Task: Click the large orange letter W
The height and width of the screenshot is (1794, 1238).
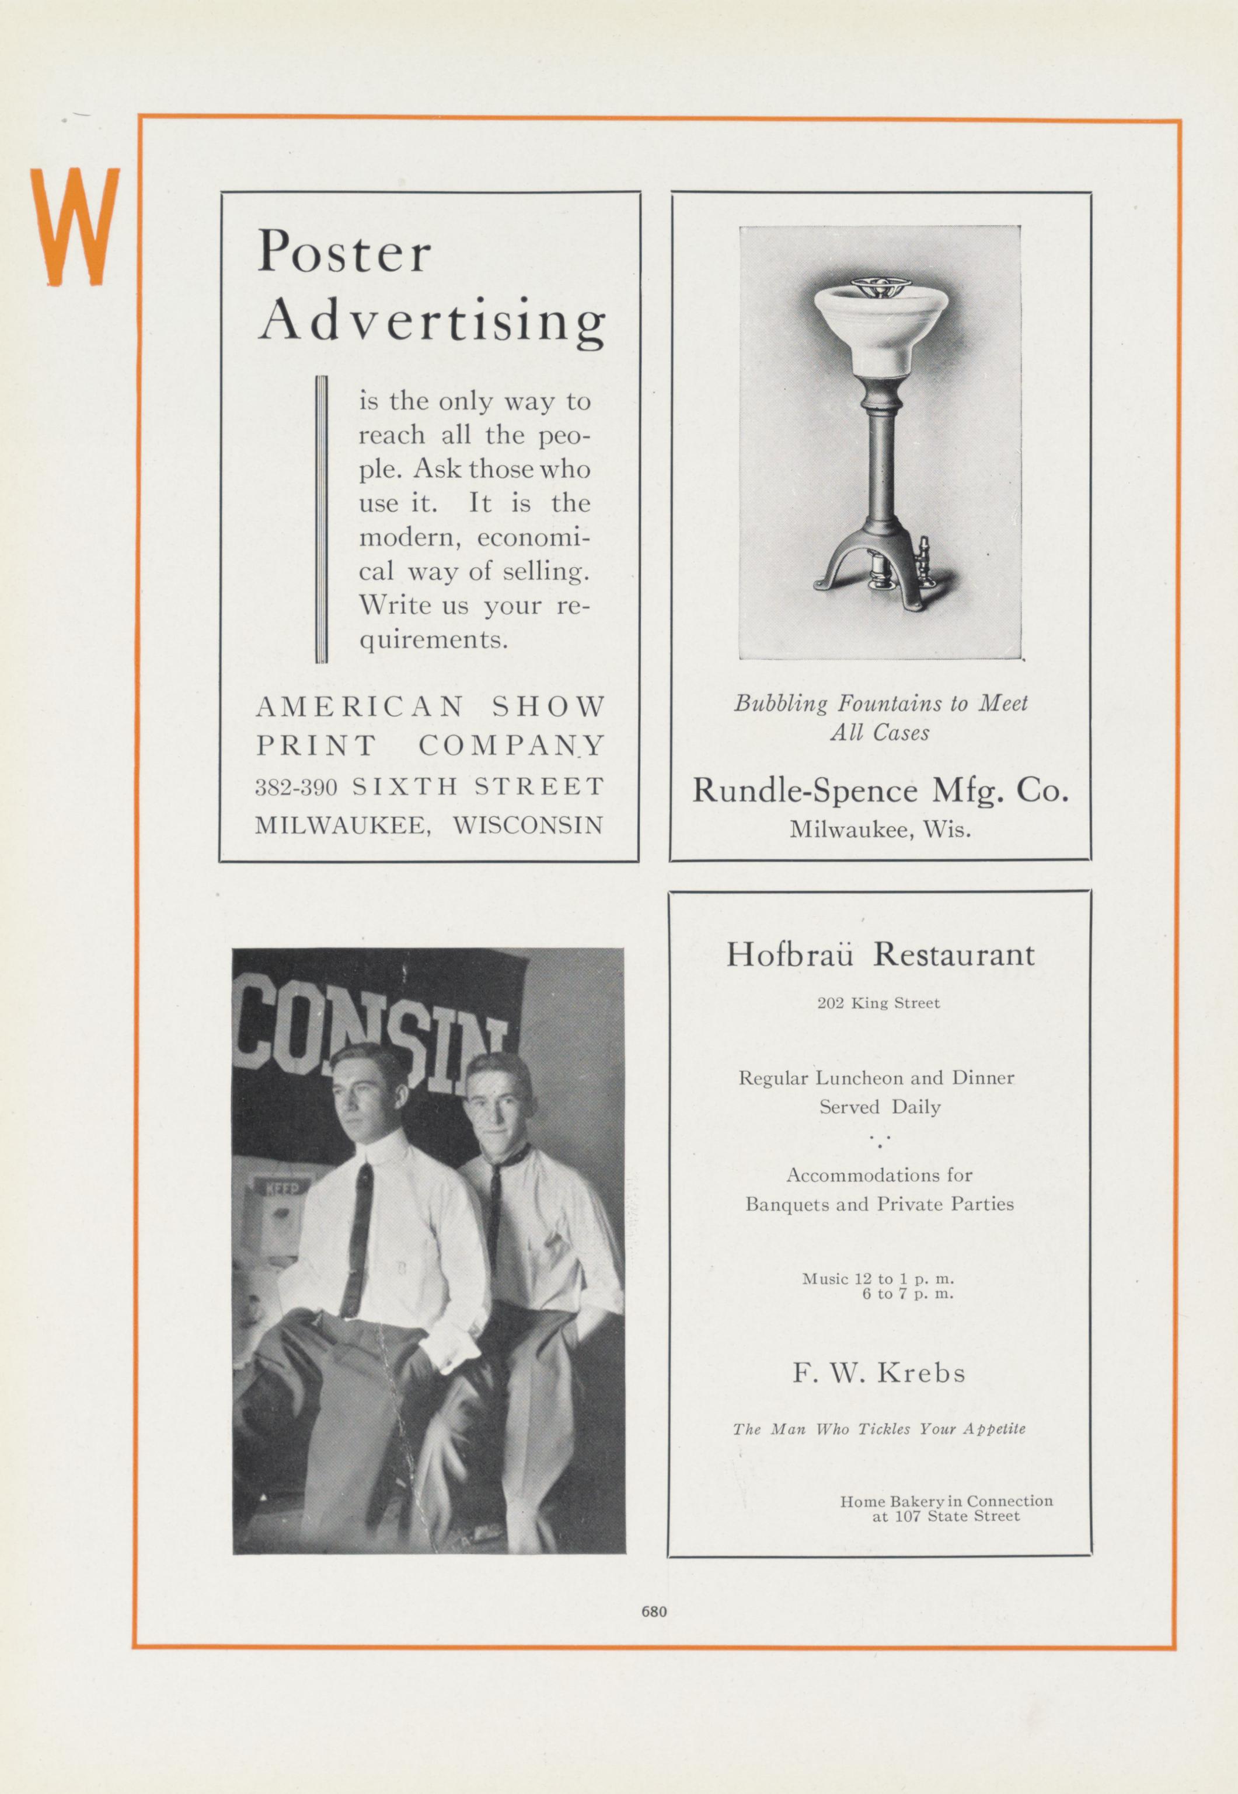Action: point(75,226)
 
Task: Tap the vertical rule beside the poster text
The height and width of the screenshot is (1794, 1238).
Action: point(321,519)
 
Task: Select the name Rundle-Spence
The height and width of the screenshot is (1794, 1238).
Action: point(804,790)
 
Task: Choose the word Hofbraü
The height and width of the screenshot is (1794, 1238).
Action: point(790,954)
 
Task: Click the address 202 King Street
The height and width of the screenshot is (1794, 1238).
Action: point(878,1003)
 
